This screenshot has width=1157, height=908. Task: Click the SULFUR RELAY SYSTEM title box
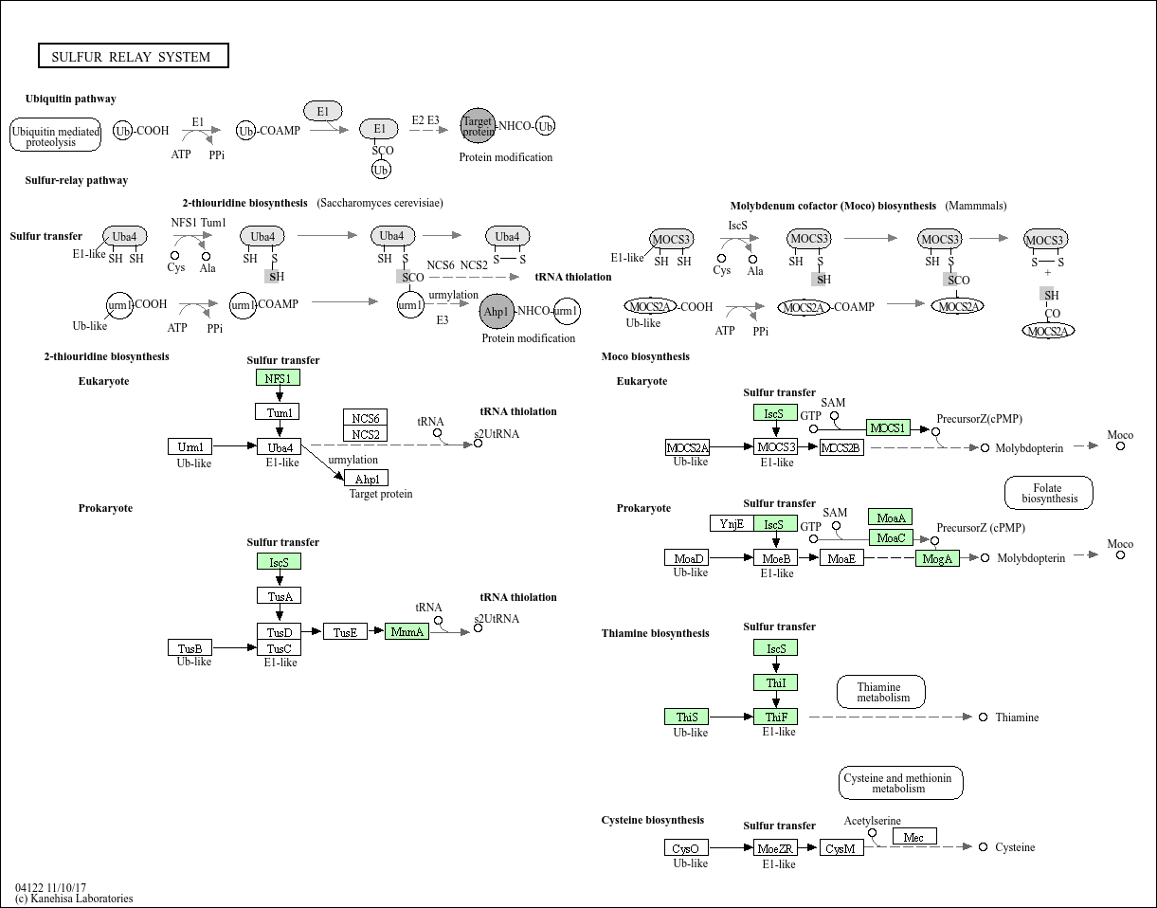(134, 56)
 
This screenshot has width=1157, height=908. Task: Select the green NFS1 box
(278, 377)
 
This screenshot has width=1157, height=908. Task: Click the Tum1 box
(278, 411)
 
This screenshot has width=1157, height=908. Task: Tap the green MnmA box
(407, 631)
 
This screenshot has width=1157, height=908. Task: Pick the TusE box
(345, 631)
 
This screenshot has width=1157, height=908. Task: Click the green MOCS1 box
(888, 427)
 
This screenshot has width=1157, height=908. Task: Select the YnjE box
(732, 523)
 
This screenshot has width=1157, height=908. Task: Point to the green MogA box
(937, 558)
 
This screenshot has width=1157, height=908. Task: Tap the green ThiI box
(775, 682)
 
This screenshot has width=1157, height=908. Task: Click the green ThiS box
(687, 717)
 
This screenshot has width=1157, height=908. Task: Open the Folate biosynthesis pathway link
(1048, 493)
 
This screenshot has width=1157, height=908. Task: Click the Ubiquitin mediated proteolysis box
(56, 136)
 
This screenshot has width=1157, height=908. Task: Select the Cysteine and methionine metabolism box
(901, 783)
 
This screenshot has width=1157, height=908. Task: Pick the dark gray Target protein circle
(478, 125)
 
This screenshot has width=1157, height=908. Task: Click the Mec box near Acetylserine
(914, 836)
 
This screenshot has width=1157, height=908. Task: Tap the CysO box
(686, 848)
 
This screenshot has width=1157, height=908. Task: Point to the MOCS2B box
(841, 446)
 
